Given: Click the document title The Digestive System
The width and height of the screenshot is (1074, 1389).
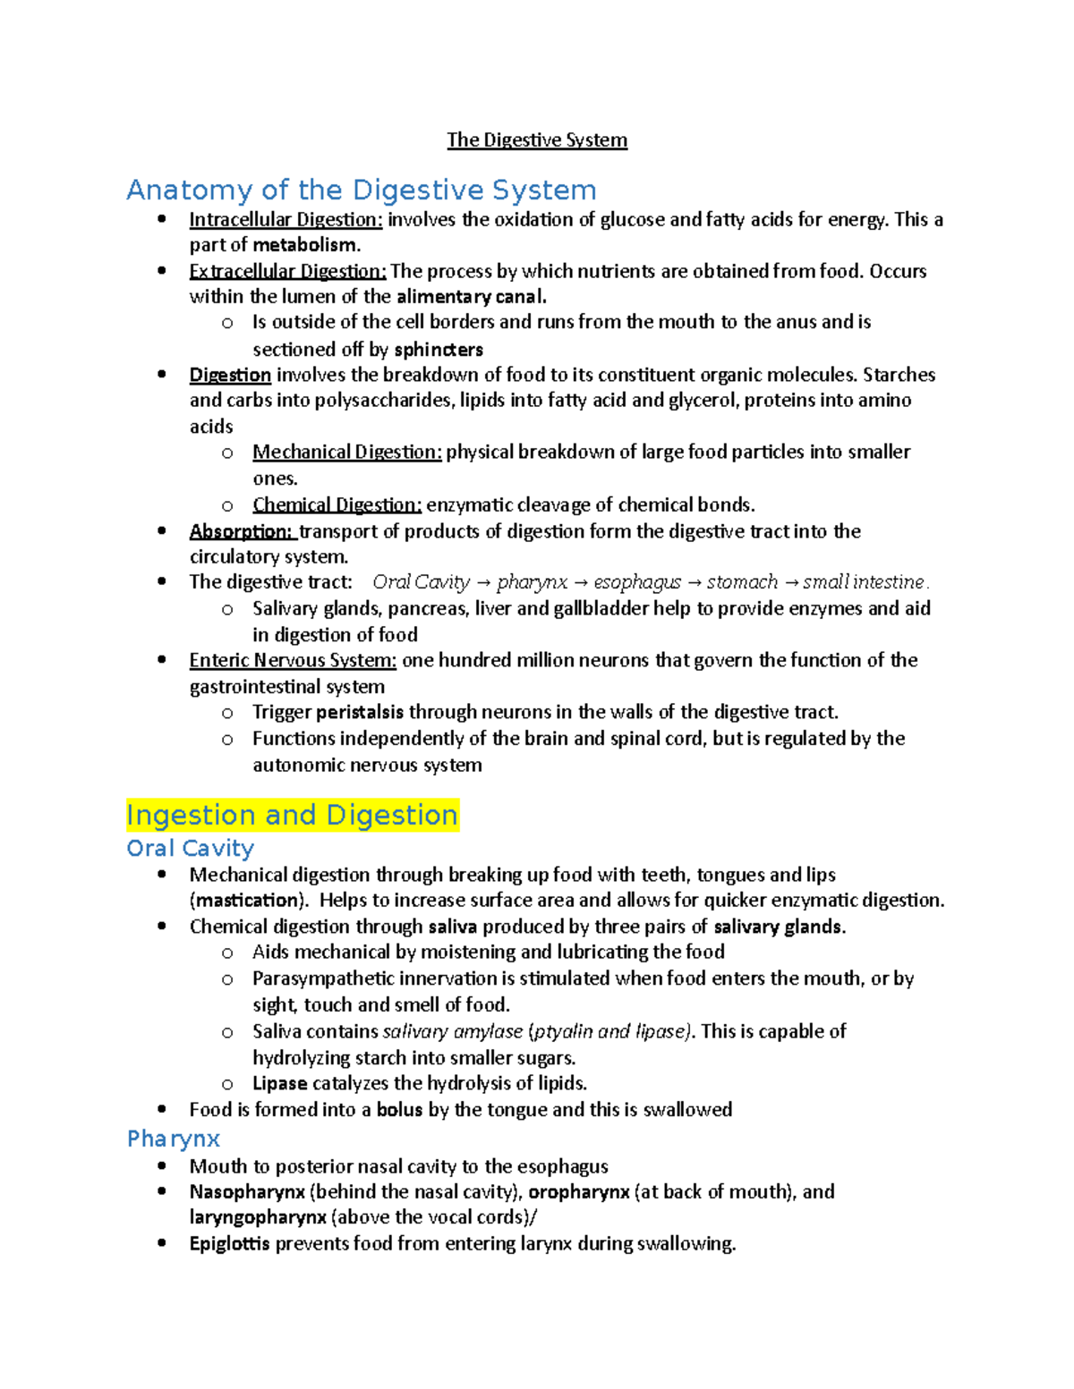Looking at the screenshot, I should coord(537,140).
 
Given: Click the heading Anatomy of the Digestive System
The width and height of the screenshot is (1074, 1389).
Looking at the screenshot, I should coord(361,191).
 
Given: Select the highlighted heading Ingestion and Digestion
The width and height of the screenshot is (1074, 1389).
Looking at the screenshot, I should coord(292,816).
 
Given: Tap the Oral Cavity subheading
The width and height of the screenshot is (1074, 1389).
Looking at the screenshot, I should coord(190,848).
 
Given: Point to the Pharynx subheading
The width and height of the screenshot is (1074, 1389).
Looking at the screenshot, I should coord(174,1139).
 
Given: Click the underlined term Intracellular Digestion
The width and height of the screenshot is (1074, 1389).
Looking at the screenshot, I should coord(286,220).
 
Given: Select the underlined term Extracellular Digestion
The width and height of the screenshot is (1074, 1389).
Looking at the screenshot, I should coord(287,271).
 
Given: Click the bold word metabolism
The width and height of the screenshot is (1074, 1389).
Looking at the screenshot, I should coord(305,245).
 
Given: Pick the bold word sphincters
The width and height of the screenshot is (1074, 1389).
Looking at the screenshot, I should coord(439,349).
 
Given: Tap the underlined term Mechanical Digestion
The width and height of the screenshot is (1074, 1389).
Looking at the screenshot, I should coord(346,453).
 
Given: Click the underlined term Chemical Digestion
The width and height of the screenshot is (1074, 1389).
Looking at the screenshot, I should coord(337,505).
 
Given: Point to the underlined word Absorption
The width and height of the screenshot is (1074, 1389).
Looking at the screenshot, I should coord(241,531).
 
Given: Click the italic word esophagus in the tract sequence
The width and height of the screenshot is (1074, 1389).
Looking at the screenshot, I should coord(637,582).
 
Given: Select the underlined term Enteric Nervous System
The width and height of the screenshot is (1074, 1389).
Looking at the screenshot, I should coord(293,661).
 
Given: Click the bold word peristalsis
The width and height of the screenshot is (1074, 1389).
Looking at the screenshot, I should coord(359,713).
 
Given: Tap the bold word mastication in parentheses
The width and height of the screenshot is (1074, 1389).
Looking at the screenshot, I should coord(248,901).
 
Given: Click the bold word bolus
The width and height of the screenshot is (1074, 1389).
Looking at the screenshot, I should coord(399,1110).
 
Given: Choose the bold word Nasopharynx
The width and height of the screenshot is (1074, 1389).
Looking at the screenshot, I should coord(247,1192).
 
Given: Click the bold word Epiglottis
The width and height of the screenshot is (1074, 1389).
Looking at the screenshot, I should coord(229,1244).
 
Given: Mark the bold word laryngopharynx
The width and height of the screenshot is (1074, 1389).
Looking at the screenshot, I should coord(258,1217).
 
